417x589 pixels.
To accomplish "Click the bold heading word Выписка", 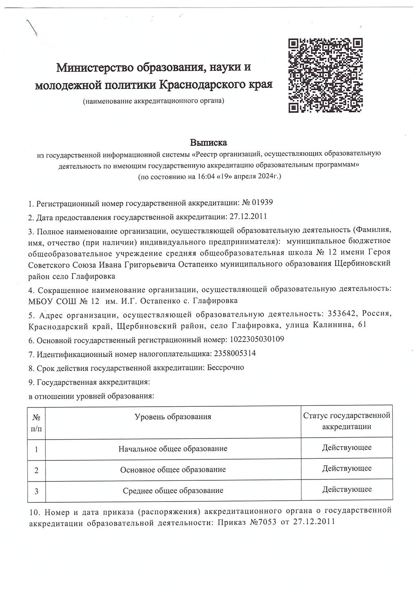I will [x=208, y=143].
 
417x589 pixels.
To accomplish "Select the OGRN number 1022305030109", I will [x=257, y=339].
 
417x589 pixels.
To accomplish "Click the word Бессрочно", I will [x=225, y=368].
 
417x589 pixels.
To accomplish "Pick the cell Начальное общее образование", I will [x=173, y=449].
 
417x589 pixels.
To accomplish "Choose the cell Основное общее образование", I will [x=173, y=469].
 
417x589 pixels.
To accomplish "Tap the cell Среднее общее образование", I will [x=173, y=490].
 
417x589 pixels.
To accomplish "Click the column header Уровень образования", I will [x=173, y=416].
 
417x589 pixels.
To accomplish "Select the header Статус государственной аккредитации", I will [x=347, y=421].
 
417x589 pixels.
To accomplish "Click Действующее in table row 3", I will [x=347, y=489].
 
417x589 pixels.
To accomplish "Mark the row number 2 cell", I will [x=37, y=470].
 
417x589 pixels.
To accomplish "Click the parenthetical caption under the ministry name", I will [x=154, y=101].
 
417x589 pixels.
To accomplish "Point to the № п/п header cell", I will [x=37, y=422].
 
